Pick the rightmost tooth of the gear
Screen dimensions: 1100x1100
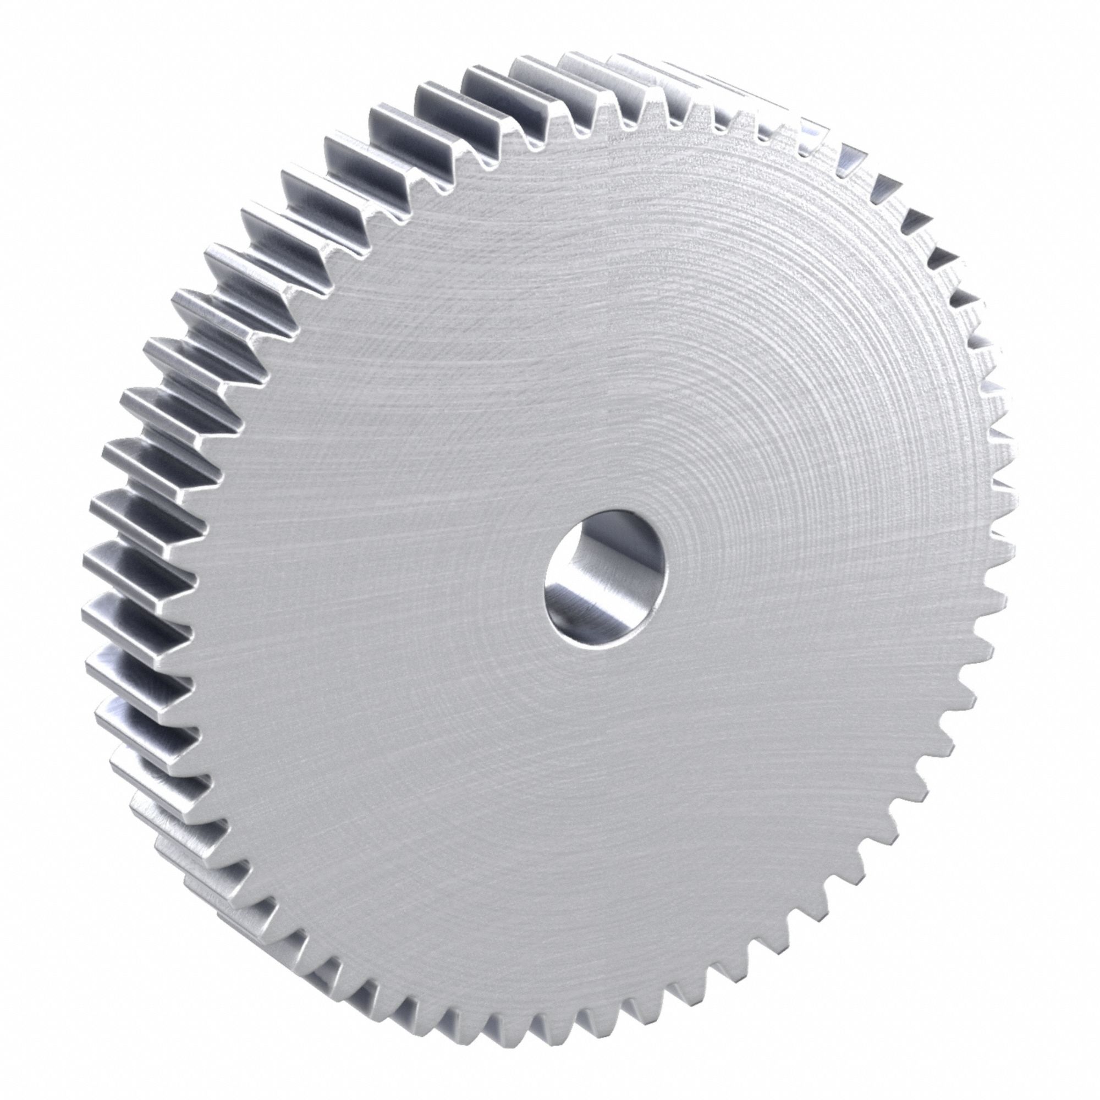[x=1005, y=547]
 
